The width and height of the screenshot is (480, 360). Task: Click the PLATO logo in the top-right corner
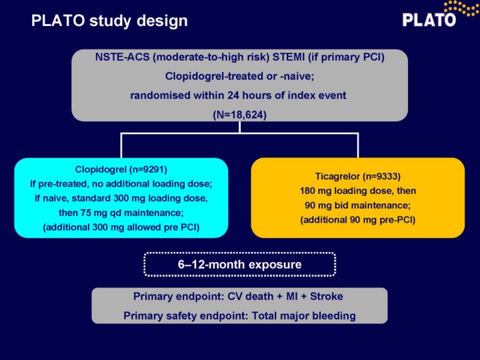pos(441,15)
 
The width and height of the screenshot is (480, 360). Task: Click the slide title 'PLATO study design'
pos(109,21)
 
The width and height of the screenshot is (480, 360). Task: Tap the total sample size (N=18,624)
pos(240,115)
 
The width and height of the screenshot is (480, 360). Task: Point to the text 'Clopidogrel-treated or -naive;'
pos(240,76)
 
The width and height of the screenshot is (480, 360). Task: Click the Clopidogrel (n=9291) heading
pos(121,169)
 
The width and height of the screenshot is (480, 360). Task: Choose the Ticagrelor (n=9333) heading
pos(358,176)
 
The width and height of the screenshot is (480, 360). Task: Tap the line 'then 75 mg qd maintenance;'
pos(121,213)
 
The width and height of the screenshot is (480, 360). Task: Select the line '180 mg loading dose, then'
pos(358,191)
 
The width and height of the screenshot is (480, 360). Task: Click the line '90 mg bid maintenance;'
pos(358,205)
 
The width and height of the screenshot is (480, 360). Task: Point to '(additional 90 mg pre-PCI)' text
pos(358,220)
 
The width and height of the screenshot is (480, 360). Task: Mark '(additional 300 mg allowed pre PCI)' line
pos(121,227)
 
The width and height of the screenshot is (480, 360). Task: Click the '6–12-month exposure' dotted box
pos(240,265)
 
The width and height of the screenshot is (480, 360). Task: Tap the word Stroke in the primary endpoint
pos(327,296)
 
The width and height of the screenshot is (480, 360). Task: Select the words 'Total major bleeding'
pos(304,315)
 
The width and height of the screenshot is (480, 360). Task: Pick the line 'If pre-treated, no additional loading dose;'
pos(121,184)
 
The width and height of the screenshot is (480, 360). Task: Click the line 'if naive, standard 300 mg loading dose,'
pos(121,198)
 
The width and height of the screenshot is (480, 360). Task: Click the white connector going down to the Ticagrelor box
pos(358,146)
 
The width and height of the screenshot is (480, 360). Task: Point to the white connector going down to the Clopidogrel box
pos(121,146)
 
